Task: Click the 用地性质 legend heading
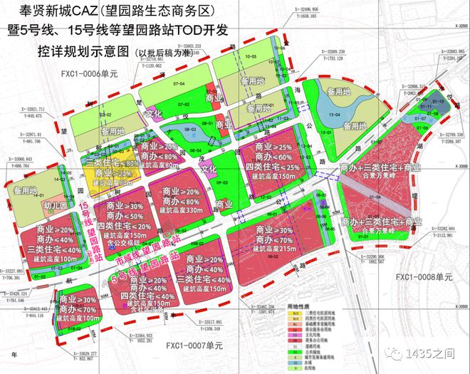coord(297,304)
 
